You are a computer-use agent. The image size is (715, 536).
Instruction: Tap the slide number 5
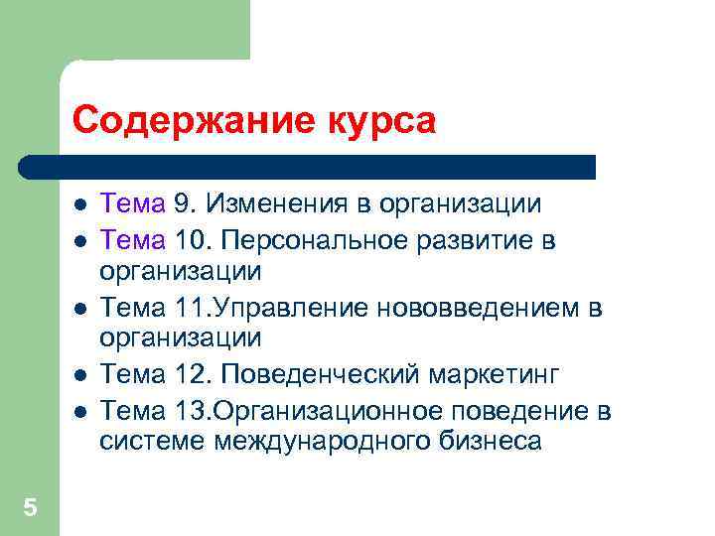click(x=30, y=508)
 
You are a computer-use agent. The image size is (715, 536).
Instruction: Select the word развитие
click(x=480, y=239)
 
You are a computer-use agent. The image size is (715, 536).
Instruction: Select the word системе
click(x=152, y=441)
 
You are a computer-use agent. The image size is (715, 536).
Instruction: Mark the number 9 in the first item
click(x=181, y=204)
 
